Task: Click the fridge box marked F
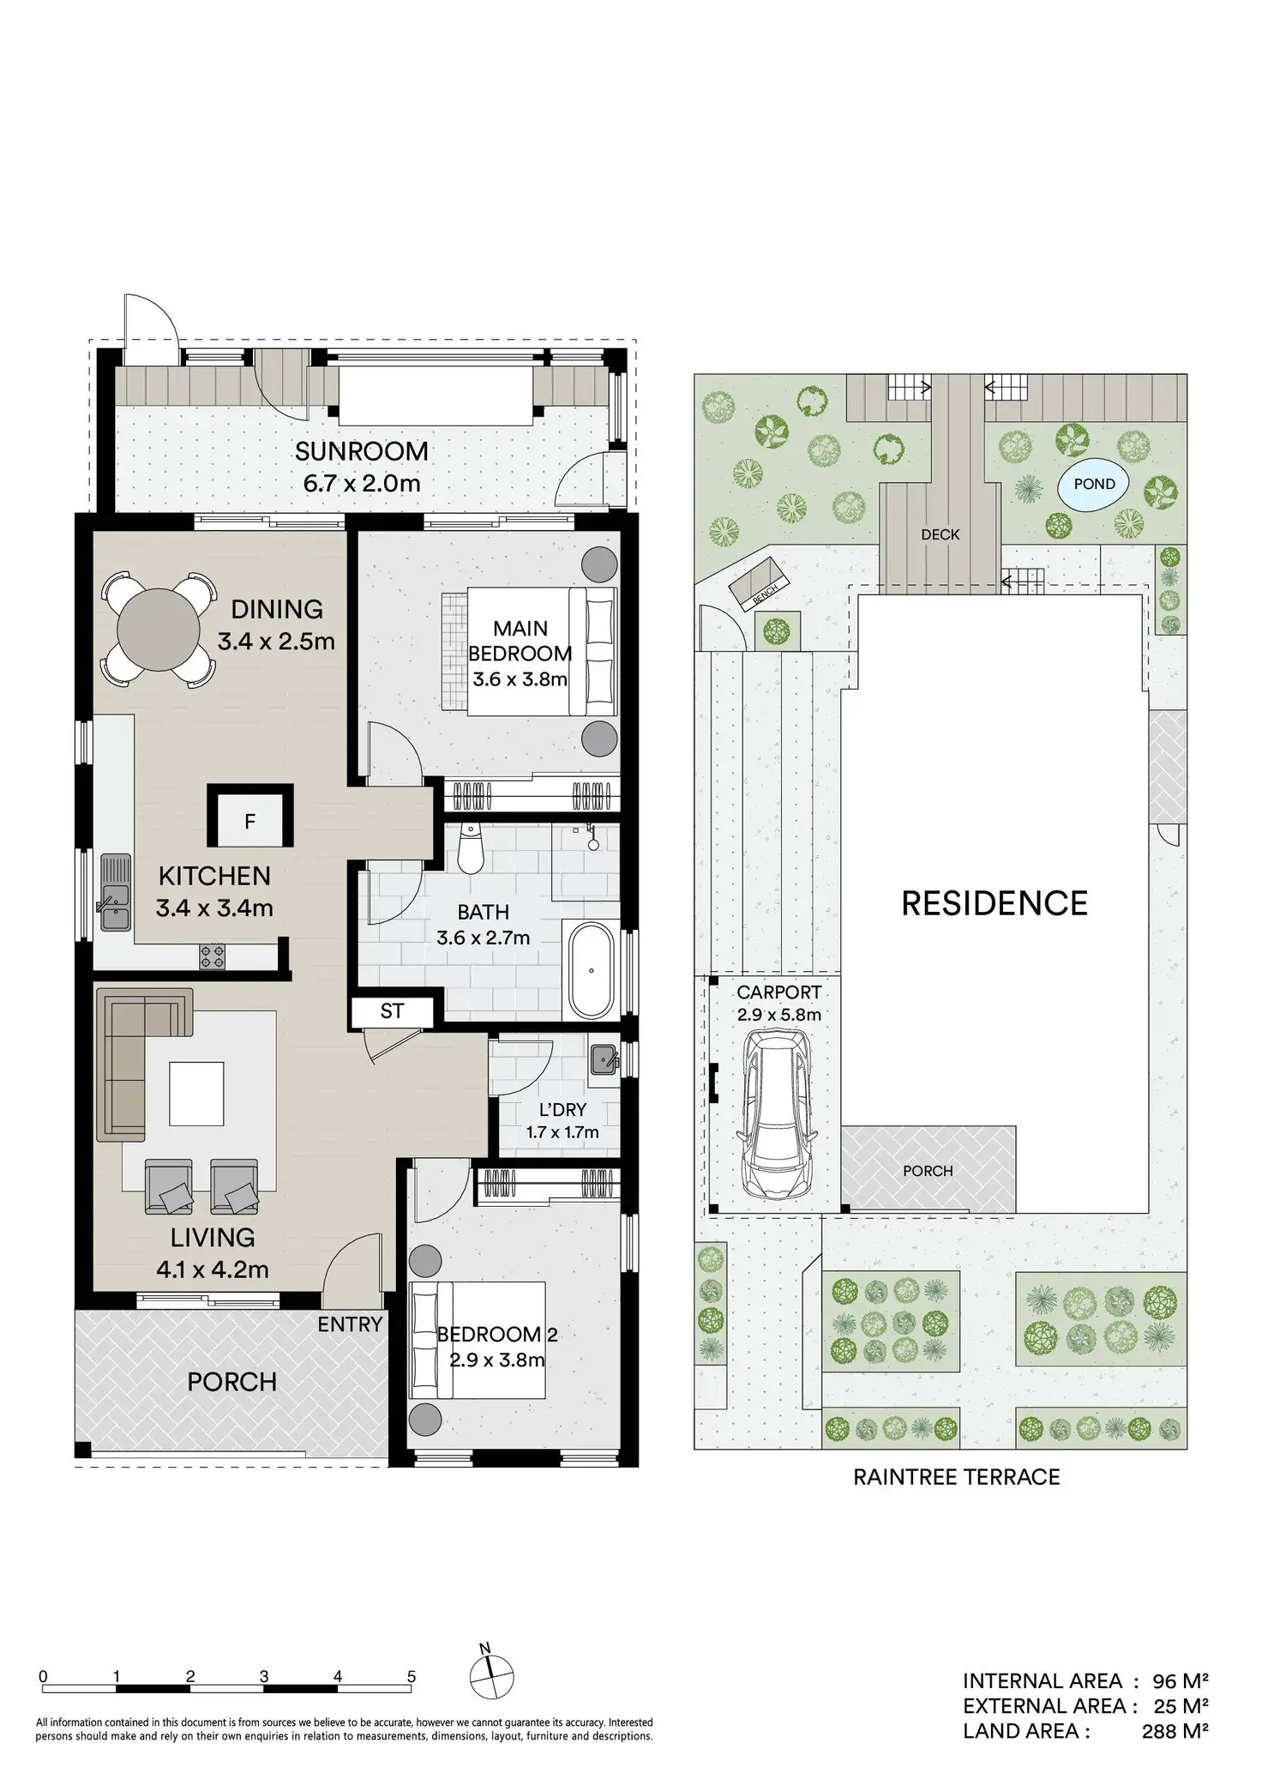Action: [x=250, y=821]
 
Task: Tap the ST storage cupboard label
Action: [x=392, y=1011]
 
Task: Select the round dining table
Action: [x=158, y=629]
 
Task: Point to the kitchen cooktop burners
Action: [x=213, y=956]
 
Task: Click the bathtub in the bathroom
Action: [x=590, y=970]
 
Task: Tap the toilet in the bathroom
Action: [x=471, y=848]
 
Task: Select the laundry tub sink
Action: [x=604, y=1059]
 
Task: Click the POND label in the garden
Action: [x=1095, y=484]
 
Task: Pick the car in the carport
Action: [x=776, y=1114]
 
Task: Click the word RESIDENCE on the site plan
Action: [x=995, y=903]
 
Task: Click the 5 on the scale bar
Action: [x=412, y=1677]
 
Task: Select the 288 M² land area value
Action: [x=1175, y=1731]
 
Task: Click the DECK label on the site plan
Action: [x=940, y=534]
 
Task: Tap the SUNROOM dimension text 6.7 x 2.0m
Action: [x=362, y=483]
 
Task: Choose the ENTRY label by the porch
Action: [x=350, y=1324]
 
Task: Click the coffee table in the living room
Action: [x=196, y=1093]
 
